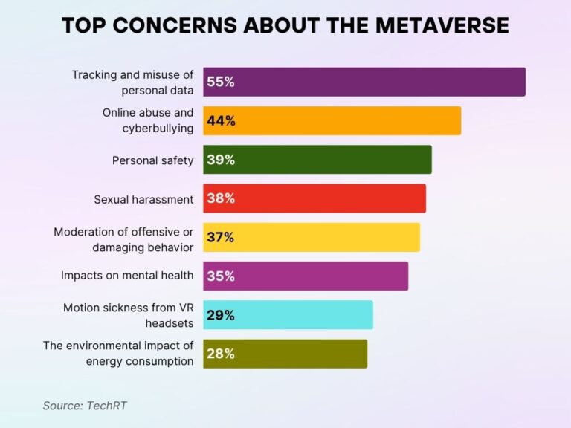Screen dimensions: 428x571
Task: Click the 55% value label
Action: pos(221,82)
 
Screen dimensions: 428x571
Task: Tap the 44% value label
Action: pos(221,121)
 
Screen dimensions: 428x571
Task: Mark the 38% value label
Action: pos(221,198)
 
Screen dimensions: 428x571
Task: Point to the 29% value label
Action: pos(221,315)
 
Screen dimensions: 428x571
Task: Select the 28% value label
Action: pos(221,354)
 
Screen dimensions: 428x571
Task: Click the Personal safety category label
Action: pos(152,160)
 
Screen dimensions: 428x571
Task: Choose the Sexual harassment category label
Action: pos(143,199)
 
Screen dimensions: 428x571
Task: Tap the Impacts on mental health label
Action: pos(127,276)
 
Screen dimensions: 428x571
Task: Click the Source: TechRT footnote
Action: pos(80,406)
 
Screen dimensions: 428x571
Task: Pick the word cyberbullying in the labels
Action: pos(158,128)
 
